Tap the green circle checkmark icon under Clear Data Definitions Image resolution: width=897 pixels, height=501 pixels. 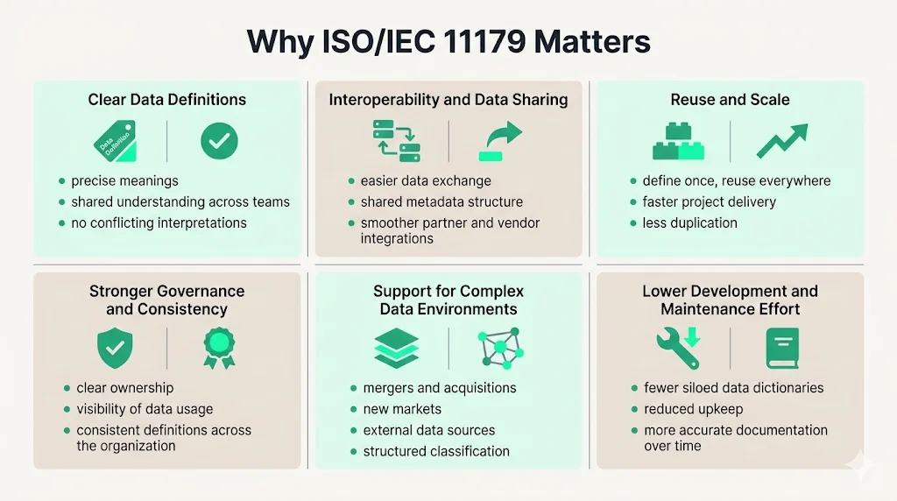(219, 141)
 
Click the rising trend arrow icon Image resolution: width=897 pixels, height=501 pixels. (782, 141)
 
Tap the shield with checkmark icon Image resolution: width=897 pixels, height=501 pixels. (114, 348)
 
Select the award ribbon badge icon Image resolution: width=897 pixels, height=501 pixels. (219, 348)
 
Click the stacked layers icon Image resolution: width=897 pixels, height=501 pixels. (396, 349)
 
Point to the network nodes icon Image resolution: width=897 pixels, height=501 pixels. (500, 349)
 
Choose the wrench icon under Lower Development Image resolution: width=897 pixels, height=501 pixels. (678, 348)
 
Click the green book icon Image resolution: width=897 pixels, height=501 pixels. (782, 348)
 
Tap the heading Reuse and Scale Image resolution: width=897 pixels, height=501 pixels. (730, 100)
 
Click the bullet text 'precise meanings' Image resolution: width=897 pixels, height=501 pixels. (124, 181)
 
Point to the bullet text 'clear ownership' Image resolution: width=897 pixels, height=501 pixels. (124, 388)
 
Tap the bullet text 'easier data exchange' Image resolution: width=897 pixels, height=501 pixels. (426, 181)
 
